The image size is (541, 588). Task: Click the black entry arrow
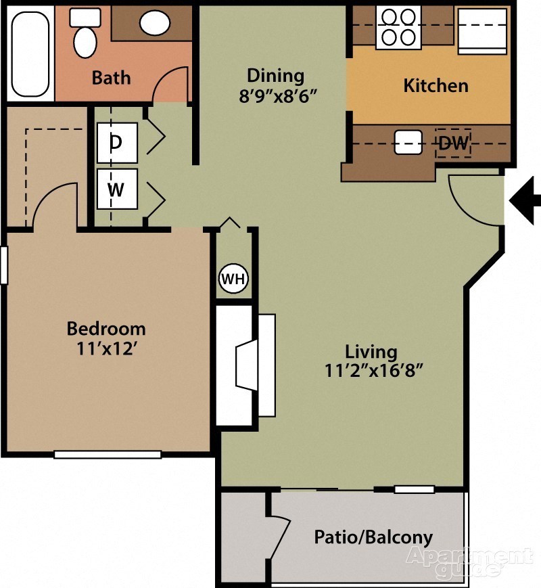click(x=526, y=200)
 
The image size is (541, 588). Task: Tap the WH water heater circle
click(x=234, y=279)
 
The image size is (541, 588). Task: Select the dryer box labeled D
click(x=117, y=143)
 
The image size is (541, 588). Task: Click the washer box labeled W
click(x=117, y=189)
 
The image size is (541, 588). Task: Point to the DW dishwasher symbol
click(x=454, y=143)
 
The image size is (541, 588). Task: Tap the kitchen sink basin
click(x=408, y=141)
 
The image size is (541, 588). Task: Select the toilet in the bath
click(x=85, y=33)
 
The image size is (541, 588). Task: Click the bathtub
click(x=29, y=51)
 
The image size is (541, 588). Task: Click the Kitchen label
click(x=436, y=86)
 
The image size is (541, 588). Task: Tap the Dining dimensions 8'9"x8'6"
click(x=275, y=95)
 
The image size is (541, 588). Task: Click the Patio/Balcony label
click(x=373, y=538)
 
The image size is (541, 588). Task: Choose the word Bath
click(x=111, y=78)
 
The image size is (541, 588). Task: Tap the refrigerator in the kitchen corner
click(x=482, y=30)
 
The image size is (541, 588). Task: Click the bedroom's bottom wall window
click(x=108, y=455)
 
